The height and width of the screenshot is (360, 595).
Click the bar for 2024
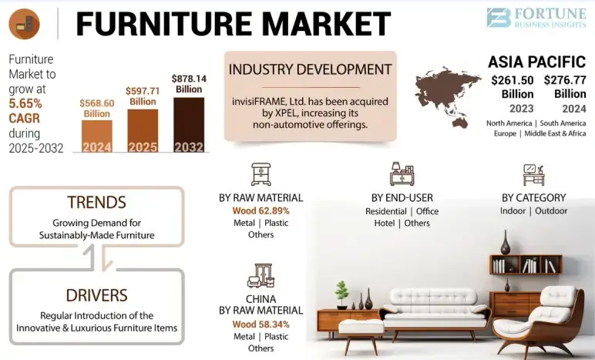click(96, 135)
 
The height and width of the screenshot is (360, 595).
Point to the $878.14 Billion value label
click(189, 83)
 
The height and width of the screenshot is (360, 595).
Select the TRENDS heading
click(96, 202)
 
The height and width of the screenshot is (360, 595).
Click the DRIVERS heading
click(96, 294)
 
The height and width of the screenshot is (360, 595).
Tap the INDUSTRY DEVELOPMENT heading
click(310, 69)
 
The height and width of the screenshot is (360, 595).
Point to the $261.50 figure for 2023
click(512, 79)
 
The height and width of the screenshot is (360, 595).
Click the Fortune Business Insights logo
click(536, 18)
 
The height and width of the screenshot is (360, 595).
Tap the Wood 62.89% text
click(261, 210)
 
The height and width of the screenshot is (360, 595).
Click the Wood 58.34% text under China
click(261, 324)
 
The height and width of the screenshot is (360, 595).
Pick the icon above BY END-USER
click(401, 173)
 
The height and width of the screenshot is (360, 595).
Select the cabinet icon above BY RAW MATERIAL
click(261, 173)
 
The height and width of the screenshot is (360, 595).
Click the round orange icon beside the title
click(25, 24)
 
